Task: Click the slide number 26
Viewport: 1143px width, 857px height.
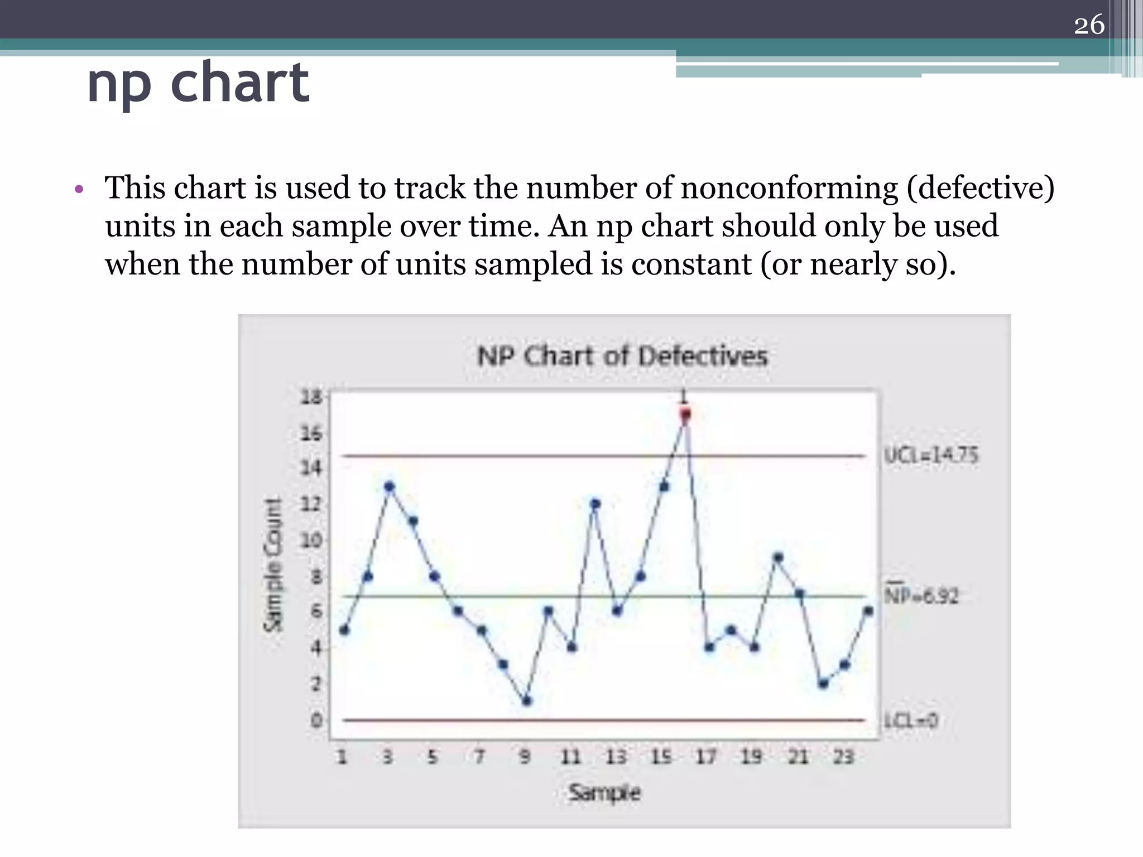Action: (x=1089, y=25)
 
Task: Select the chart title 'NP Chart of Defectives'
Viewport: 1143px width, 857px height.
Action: (x=622, y=356)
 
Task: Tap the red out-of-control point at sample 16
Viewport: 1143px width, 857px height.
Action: (x=685, y=414)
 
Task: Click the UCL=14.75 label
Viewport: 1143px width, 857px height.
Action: (x=931, y=455)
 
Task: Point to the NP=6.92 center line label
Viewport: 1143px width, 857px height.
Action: (x=921, y=595)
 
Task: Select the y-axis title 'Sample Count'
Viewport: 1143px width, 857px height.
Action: (x=273, y=565)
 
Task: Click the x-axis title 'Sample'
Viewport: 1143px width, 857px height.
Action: (x=604, y=792)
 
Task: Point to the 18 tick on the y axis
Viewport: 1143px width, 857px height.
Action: (x=311, y=397)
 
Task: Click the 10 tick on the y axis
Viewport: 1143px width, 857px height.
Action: (x=311, y=540)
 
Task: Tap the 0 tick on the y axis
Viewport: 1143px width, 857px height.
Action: (x=316, y=720)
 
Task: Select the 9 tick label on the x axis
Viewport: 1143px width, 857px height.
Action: (x=524, y=757)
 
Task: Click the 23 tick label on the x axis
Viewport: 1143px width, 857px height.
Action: (x=843, y=757)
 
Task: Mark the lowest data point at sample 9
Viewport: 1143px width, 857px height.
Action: (x=527, y=701)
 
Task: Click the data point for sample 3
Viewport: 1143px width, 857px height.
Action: (x=390, y=487)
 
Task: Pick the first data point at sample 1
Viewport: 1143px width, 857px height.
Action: (x=344, y=630)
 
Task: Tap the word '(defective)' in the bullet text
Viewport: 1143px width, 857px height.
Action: (x=981, y=187)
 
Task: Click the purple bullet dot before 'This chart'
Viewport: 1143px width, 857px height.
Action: (x=79, y=190)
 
